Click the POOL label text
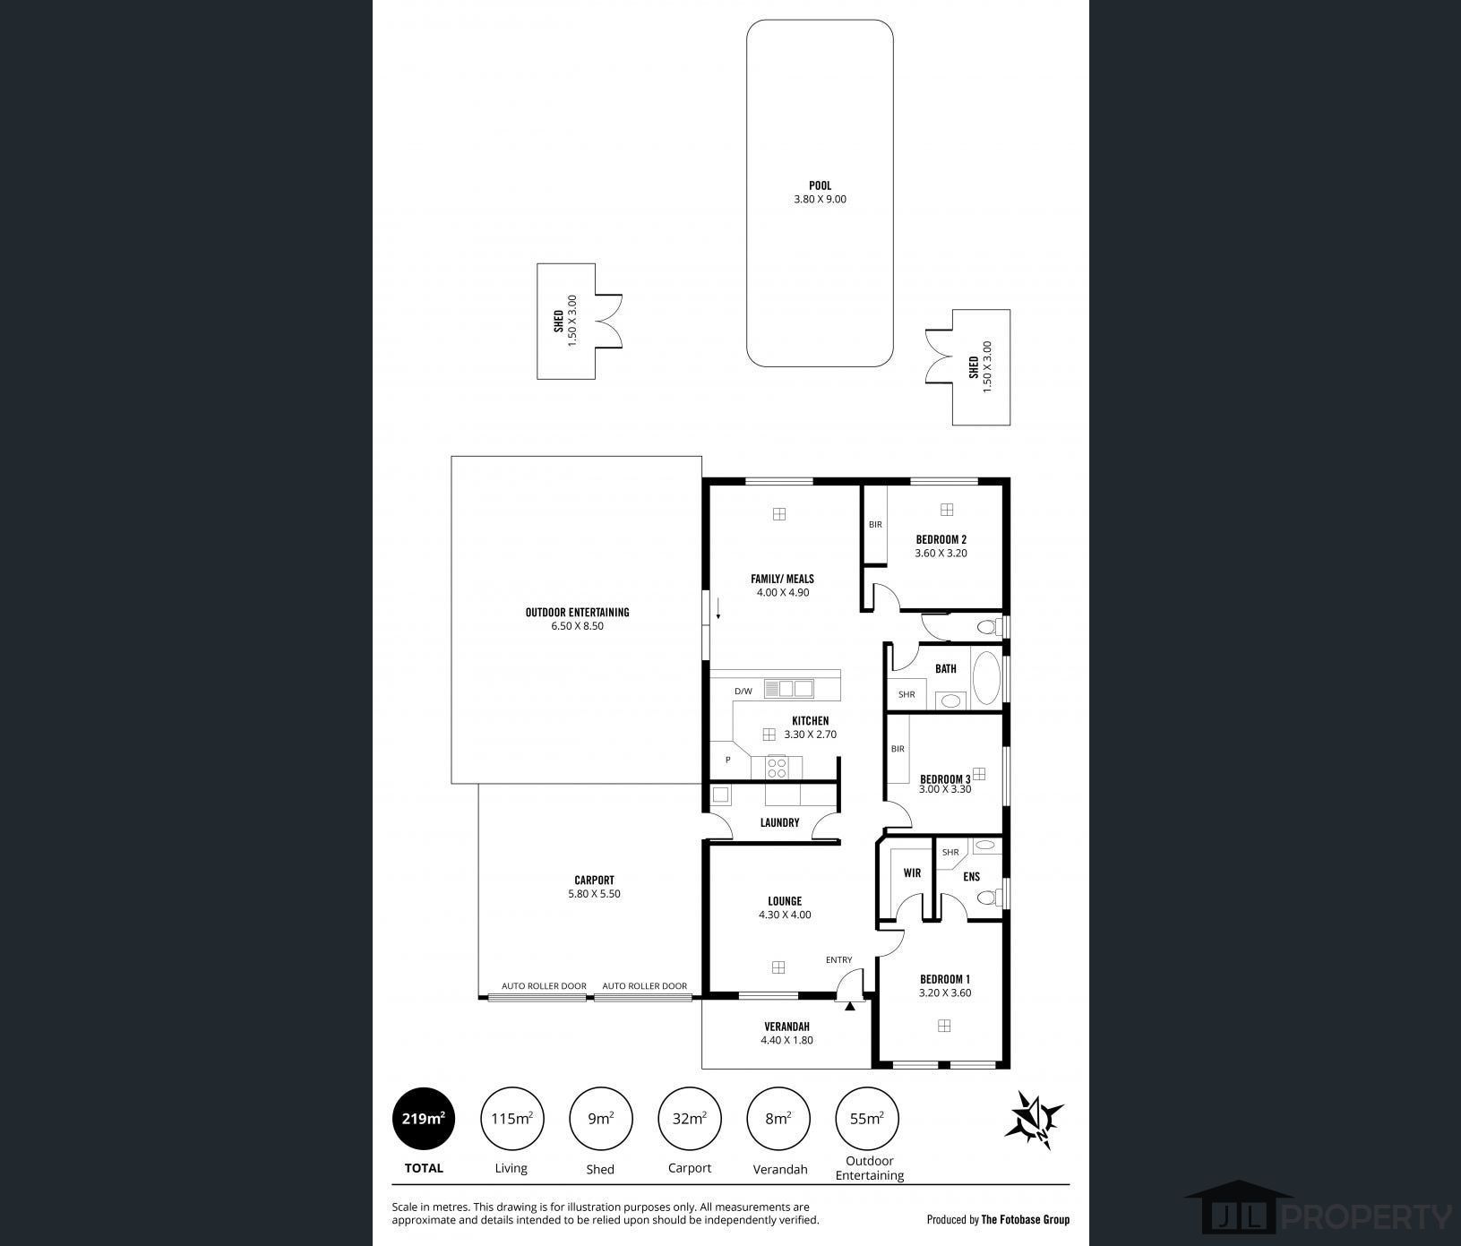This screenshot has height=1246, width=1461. click(x=820, y=186)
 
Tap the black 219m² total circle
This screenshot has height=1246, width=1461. click(x=424, y=1118)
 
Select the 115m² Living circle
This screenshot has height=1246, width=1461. click(x=511, y=1118)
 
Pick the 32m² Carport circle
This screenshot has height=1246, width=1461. click(x=689, y=1118)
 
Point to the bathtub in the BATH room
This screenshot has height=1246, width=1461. click(x=986, y=677)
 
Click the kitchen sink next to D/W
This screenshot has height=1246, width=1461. click(x=788, y=689)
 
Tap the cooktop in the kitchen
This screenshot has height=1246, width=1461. click(x=777, y=767)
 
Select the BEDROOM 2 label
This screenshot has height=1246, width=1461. click(x=941, y=539)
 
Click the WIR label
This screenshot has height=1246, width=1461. click(x=912, y=872)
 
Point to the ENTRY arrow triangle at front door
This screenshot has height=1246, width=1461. click(x=849, y=1007)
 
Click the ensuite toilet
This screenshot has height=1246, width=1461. click(x=987, y=897)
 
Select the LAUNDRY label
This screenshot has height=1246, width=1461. click(x=779, y=822)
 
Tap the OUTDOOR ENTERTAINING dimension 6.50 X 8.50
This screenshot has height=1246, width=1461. click(x=577, y=626)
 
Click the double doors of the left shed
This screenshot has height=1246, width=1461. click(x=608, y=321)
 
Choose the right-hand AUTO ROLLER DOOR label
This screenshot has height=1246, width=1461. click(x=644, y=986)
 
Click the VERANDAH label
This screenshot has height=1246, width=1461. click(x=786, y=1027)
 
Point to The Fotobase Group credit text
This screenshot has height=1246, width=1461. click(x=1025, y=1219)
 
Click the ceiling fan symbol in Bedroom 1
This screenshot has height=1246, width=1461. click(x=943, y=1026)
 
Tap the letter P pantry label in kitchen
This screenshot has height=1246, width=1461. click(x=728, y=760)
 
